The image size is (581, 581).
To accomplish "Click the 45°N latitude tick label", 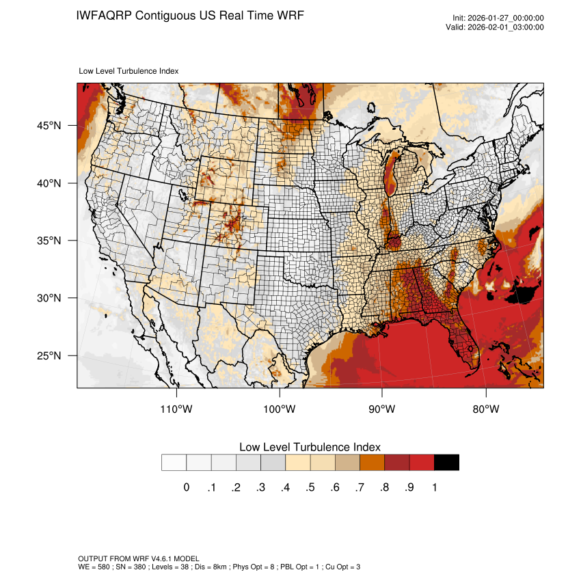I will pos(49,126).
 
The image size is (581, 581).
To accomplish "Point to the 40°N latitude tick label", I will pos(49,183).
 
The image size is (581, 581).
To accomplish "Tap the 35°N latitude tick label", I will pos(49,241).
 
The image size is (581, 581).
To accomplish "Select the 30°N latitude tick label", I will pos(49,298).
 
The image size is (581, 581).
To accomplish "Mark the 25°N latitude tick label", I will pos(49,355).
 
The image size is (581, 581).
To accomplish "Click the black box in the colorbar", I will pos(446,462).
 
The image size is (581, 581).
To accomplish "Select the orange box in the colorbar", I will pos(372,462).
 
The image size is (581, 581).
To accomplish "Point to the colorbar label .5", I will pos(310,487).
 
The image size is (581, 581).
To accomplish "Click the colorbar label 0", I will pos(186,487).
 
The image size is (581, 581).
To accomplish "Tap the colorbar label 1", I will pos(434,487).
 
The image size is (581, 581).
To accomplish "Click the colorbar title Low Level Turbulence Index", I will pos(310,446).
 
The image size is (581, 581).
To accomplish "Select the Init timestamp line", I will pos(498,18).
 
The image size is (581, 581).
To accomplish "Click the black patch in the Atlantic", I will pos(525,295).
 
